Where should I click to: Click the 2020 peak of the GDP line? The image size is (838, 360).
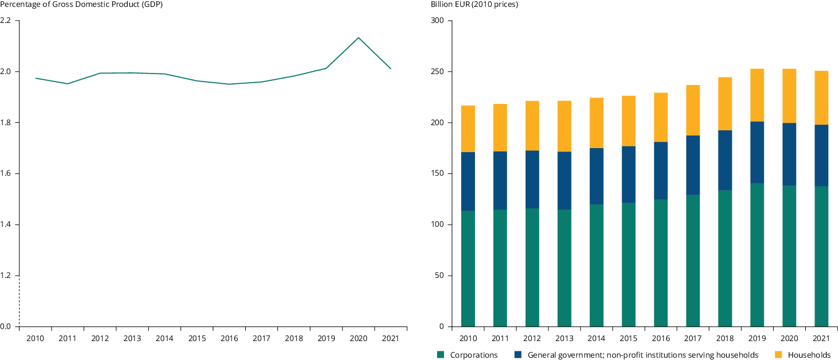358,38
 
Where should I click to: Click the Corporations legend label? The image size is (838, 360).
474,355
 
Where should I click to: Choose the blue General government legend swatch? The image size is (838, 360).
518,355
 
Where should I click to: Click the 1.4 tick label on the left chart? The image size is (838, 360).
6,224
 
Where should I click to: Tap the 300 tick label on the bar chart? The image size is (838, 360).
438,21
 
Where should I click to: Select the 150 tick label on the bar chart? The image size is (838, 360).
438,174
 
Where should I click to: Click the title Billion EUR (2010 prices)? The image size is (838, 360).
474,5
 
